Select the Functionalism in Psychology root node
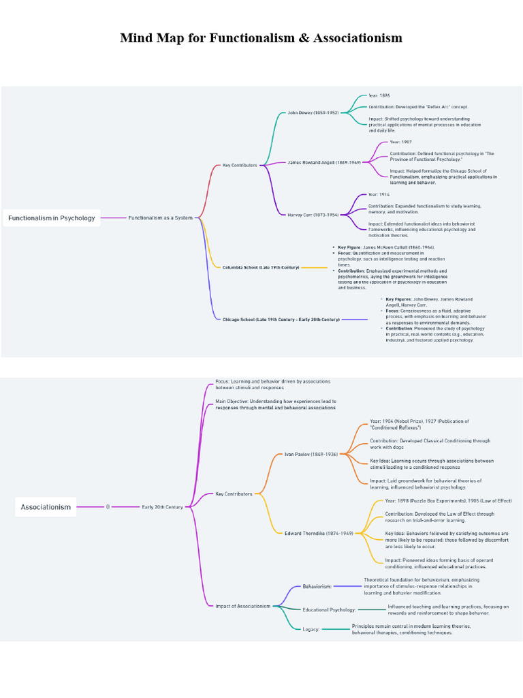(x=52, y=218)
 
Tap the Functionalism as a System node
(x=160, y=218)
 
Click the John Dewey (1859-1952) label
(x=313, y=112)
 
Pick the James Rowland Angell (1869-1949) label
(x=323, y=162)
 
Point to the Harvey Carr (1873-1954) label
(x=313, y=214)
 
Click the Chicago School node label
(x=281, y=319)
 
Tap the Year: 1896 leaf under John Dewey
(x=379, y=95)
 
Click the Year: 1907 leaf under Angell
(x=400, y=142)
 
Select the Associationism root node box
(x=46, y=507)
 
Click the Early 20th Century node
(x=162, y=507)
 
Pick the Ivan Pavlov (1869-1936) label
(x=311, y=454)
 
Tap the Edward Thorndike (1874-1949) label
(x=319, y=533)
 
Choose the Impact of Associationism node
(x=242, y=606)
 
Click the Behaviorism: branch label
(x=317, y=586)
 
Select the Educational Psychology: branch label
(x=329, y=609)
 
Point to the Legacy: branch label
(x=311, y=629)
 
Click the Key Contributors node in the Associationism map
(x=234, y=494)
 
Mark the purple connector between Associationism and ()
(x=89, y=507)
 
